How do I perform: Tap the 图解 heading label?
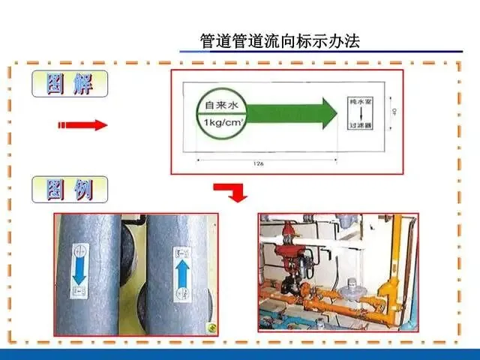70,84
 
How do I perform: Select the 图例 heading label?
70,190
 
